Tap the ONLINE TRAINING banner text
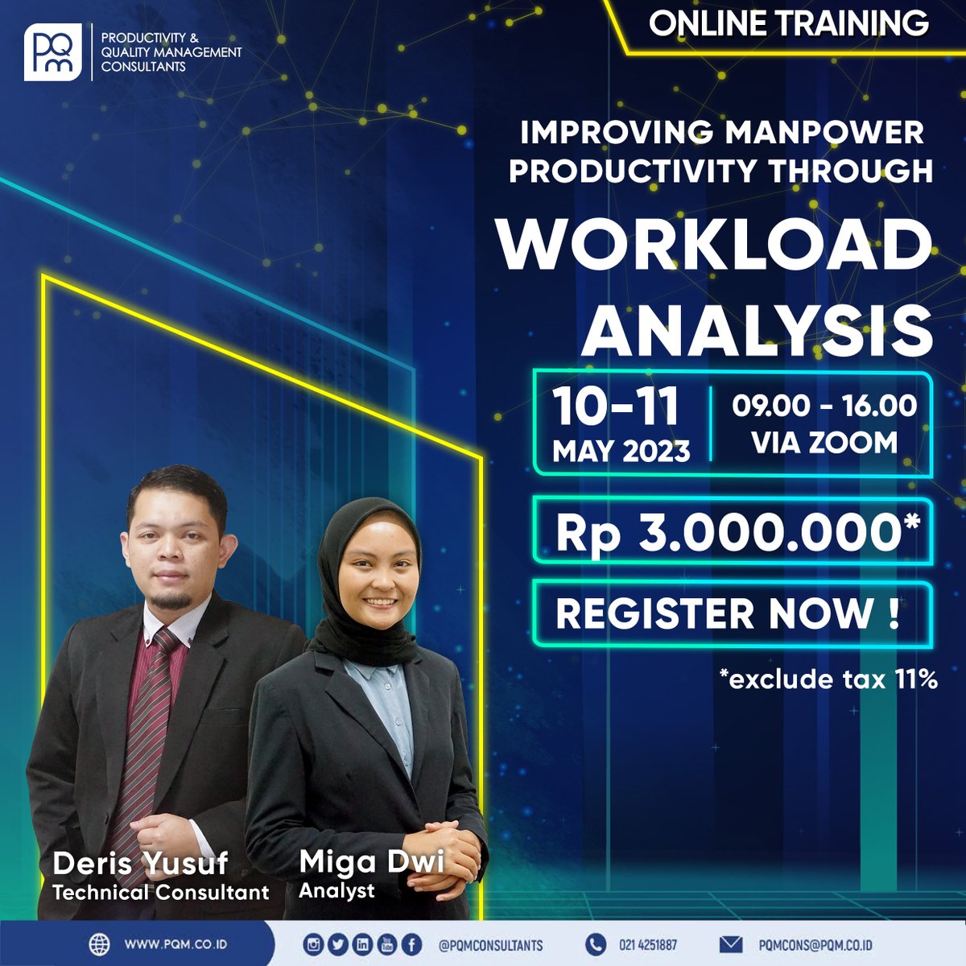pos(788,23)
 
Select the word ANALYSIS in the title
pos(758,329)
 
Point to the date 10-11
pos(616,407)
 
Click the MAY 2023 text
pos(621,451)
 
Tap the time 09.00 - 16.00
pos(824,405)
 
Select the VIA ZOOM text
pos(824,442)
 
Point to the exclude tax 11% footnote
pos(829,679)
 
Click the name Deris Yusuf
pos(140,864)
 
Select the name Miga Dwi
pos(371,861)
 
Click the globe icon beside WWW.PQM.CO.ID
pos(99,943)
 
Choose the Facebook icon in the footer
pos(412,944)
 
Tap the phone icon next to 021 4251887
pos(595,944)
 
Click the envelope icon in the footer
pos(731,944)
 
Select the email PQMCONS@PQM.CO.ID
pos(815,945)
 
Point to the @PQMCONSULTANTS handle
pos(490,945)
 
